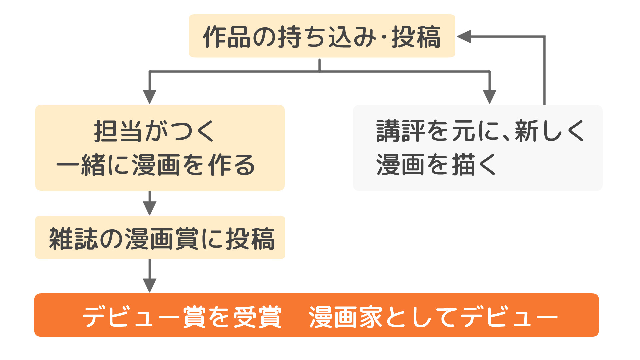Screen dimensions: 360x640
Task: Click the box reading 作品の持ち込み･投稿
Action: [x=322, y=36]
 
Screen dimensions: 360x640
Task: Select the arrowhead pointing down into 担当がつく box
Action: [x=150, y=96]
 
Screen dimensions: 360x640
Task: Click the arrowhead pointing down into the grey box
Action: [x=489, y=96]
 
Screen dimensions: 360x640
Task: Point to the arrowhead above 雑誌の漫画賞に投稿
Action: [x=150, y=208]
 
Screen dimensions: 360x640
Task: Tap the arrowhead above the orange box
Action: [x=150, y=285]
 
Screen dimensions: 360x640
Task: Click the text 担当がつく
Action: [x=154, y=131]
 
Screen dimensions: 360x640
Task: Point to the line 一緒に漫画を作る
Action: [x=156, y=165]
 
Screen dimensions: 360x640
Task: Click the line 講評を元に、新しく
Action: [x=480, y=131]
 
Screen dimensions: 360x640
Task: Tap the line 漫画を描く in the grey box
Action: [x=436, y=165]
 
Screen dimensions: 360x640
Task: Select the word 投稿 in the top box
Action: [x=416, y=37]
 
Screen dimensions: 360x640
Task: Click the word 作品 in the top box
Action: [x=227, y=37]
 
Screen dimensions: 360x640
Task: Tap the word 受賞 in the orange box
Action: [x=257, y=317]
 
